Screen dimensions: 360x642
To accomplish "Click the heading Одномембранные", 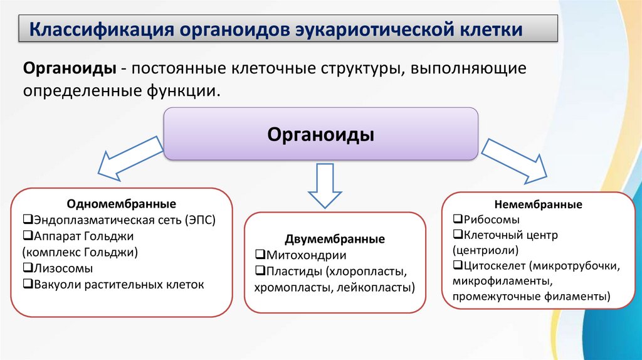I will click(x=122, y=204).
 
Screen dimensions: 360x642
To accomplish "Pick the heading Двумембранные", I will click(x=335, y=240).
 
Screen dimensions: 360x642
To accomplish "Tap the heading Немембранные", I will click(x=539, y=204).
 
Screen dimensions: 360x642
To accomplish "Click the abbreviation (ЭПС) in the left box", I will click(x=201, y=220).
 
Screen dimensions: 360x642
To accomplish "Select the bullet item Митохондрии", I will click(x=305, y=256).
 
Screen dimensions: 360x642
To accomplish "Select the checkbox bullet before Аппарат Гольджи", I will click(x=27, y=236).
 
